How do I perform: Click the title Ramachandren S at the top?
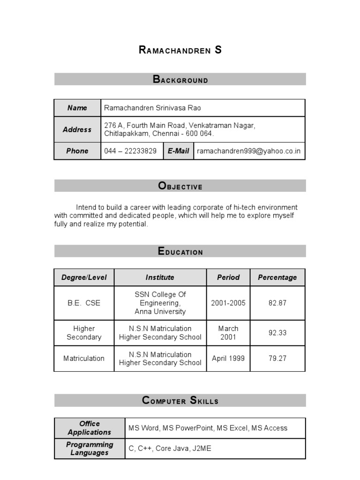180,50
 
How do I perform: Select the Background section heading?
180,79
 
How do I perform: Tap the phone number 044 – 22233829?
130,151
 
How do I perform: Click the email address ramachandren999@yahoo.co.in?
249,151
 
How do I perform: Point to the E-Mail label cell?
178,151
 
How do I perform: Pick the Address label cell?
77,129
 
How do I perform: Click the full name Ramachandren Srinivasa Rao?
152,108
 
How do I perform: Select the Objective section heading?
180,186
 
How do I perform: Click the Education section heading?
180,251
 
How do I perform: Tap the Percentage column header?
277,277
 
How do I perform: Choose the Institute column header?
160,277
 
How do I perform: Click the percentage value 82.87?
277,303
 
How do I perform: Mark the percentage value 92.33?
277,333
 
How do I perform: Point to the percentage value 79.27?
277,359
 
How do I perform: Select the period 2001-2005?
228,303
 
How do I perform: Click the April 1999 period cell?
228,359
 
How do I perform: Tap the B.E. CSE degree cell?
84,303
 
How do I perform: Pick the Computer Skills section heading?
180,400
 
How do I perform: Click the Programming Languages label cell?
90,449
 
